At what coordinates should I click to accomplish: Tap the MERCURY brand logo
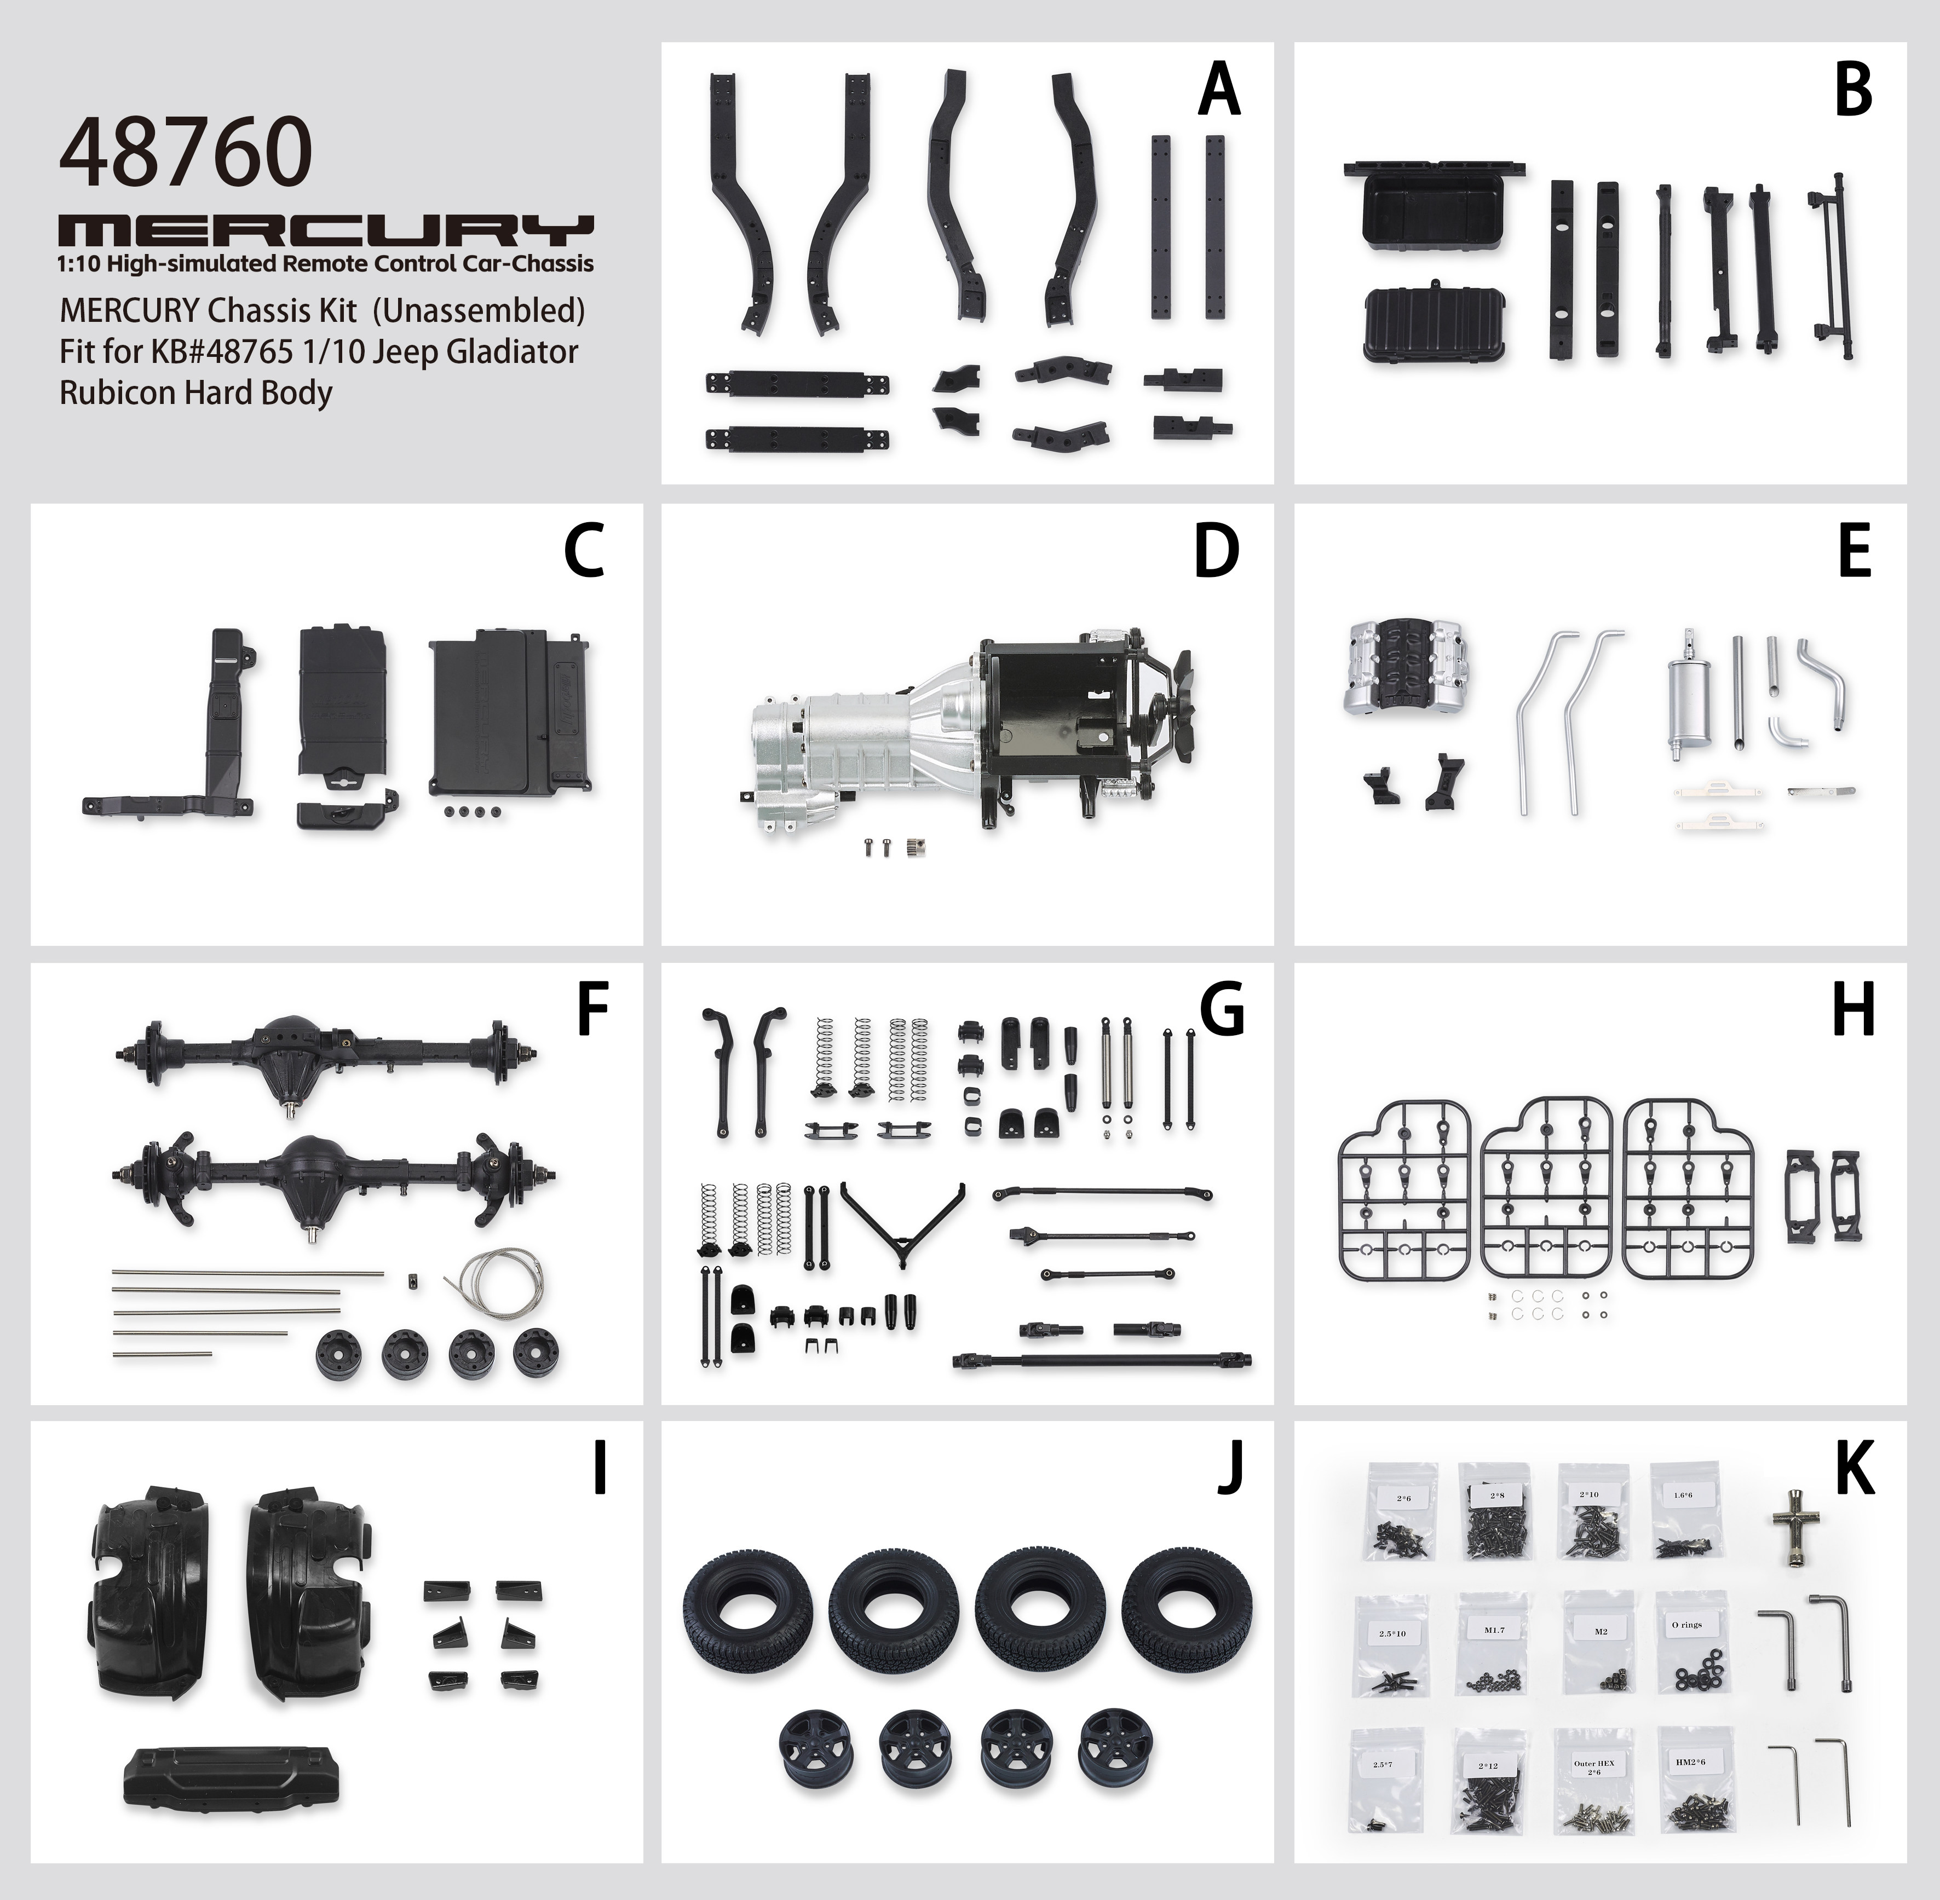pyautogui.click(x=326, y=230)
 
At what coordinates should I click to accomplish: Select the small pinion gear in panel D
pyautogui.click(x=910, y=848)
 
